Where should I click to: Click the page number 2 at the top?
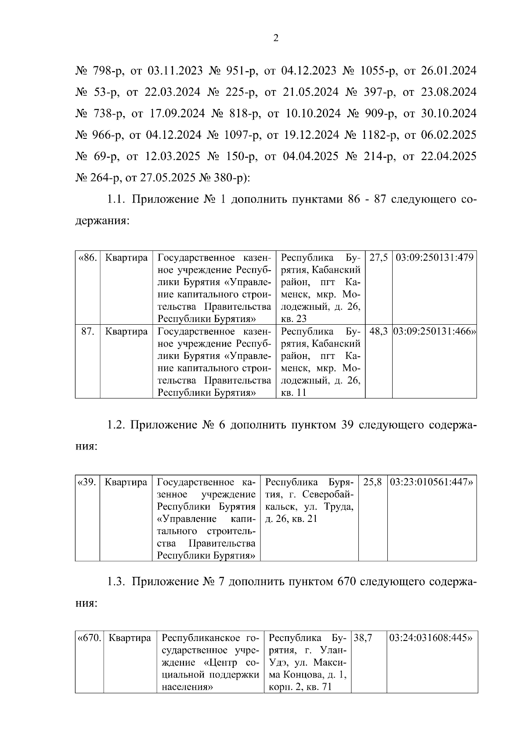click(x=276, y=39)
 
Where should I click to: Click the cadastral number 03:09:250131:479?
click(x=434, y=257)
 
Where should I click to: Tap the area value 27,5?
click(x=378, y=257)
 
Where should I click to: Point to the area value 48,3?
click(x=378, y=331)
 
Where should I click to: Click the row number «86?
click(x=87, y=257)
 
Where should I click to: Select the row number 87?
click(x=87, y=331)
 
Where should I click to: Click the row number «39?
click(x=87, y=482)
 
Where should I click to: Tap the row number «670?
click(x=89, y=638)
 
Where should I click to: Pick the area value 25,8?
click(x=372, y=482)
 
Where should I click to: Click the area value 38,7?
click(x=363, y=638)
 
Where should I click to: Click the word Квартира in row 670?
click(x=130, y=638)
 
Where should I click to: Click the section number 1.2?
click(x=116, y=425)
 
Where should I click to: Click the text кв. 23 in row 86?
click(x=293, y=319)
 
